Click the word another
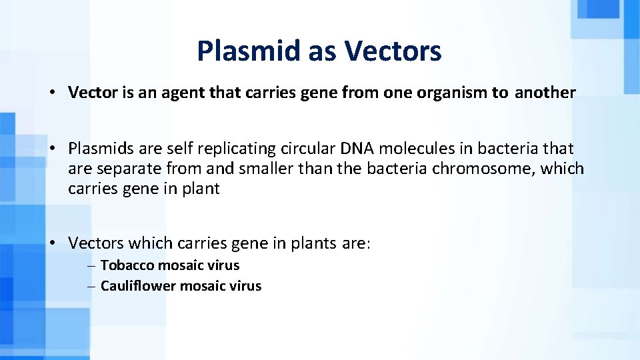tap(545, 93)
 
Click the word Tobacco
tap(127, 265)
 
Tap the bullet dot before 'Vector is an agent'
tap(52, 93)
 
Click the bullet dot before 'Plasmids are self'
tap(52, 149)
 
